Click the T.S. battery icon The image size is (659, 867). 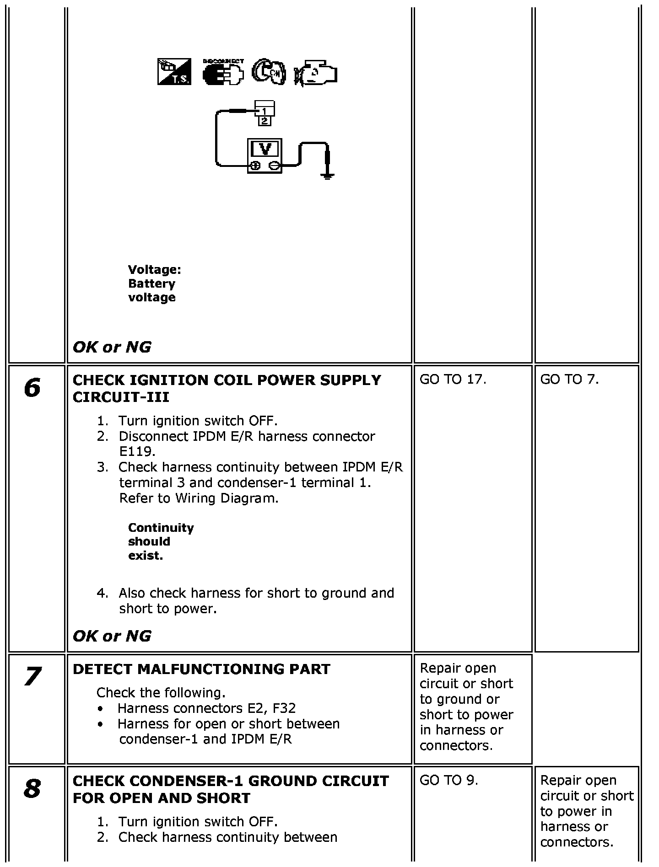pos(174,72)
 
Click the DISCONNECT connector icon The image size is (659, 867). pos(223,72)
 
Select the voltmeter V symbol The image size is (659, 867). pos(265,149)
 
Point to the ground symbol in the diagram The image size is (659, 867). pos(327,175)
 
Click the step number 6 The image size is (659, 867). pos(32,388)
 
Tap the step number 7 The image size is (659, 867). pos(32,677)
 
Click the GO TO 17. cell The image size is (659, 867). pos(453,380)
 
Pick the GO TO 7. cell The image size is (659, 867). pos(569,380)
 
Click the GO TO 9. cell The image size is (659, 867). pos(448,781)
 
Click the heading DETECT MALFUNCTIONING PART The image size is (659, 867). pos(201,669)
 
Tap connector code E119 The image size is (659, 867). pos(137,452)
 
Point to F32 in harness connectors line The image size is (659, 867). pos(284,709)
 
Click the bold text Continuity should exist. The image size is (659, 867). pos(160,542)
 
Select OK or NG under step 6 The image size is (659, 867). pos(112,636)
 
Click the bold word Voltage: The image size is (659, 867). pos(155,270)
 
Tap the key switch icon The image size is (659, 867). pos(269,72)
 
